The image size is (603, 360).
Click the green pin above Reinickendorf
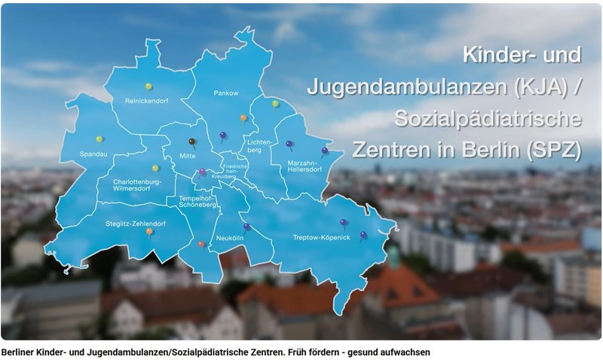(149, 86)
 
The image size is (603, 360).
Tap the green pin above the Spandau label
(99, 139)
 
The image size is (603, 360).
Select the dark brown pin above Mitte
(192, 141)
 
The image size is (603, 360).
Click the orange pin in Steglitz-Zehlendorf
(149, 232)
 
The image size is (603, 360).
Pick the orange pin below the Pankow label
(243, 118)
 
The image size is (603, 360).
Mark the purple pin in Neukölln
(246, 226)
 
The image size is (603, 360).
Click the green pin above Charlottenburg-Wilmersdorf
(155, 168)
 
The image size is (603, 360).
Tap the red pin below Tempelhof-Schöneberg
(201, 244)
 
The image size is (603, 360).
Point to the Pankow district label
(226, 93)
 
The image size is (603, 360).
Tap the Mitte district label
(187, 157)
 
